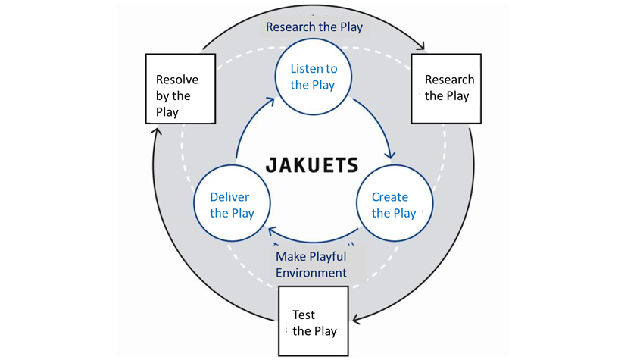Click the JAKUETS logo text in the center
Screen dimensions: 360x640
coord(311,164)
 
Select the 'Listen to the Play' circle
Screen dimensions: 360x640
coord(313,77)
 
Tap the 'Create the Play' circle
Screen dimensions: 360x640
coord(394,205)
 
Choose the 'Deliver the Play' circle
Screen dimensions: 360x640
coord(232,205)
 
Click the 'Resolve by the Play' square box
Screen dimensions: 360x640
coord(180,89)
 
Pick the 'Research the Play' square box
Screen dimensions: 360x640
coord(446,89)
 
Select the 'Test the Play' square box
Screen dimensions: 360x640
coord(314,321)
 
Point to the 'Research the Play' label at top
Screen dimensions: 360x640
coord(314,27)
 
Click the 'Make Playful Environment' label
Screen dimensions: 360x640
coord(311,265)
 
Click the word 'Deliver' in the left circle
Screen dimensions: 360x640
coord(229,197)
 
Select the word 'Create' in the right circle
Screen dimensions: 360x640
coord(389,197)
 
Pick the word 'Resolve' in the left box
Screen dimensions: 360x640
coord(177,80)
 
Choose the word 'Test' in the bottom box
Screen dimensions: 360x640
coord(304,315)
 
